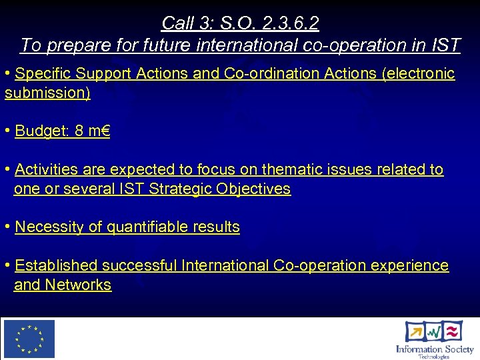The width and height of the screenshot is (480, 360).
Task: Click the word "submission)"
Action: click(x=47, y=93)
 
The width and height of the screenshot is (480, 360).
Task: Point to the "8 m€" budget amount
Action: click(x=92, y=131)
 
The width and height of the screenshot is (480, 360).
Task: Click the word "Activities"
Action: click(x=45, y=169)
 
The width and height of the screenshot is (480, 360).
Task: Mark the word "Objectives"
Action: click(x=254, y=189)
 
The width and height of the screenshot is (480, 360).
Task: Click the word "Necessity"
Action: click(x=49, y=227)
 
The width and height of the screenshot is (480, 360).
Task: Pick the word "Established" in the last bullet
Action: click(x=56, y=265)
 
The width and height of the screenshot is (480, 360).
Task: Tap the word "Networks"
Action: click(x=78, y=285)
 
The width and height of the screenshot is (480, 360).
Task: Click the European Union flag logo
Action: click(x=29, y=339)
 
